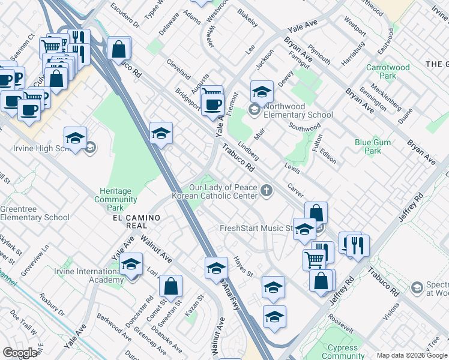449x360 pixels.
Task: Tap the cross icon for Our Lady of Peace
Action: [266, 191]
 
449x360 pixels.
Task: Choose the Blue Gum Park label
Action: [368, 146]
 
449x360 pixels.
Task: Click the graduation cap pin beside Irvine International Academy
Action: [131, 265]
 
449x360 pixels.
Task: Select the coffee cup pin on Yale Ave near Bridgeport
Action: [211, 103]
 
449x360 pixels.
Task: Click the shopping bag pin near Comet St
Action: [171, 286]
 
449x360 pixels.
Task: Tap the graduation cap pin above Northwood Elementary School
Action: [262, 92]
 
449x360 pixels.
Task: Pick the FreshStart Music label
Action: [256, 229]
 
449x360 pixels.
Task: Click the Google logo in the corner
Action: [20, 353]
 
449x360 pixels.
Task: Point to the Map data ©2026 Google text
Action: [411, 355]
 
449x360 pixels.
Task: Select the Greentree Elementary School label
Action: [35, 213]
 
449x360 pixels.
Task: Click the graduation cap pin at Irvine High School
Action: [75, 139]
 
